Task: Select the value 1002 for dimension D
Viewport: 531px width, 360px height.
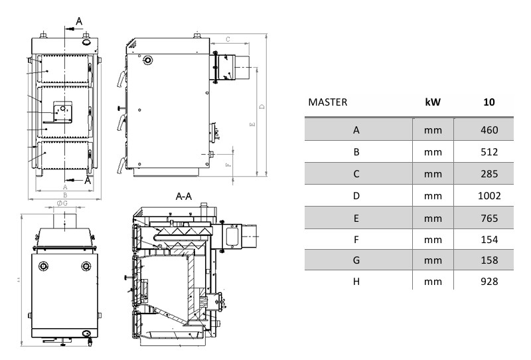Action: coord(489,196)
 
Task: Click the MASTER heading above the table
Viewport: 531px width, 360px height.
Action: coord(328,103)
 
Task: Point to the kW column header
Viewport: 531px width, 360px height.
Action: coord(433,103)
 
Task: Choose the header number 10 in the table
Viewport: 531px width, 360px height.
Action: coord(490,103)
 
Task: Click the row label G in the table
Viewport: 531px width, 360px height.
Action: coord(356,260)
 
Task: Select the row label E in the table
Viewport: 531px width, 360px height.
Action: coord(356,217)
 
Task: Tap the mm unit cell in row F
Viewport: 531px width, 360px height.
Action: coord(433,238)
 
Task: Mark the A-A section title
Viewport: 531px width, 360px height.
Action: coord(183,197)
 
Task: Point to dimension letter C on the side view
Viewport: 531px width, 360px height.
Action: coord(227,41)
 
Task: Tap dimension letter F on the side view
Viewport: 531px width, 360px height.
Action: coord(228,163)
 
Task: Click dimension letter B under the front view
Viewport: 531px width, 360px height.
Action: coord(64,195)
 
